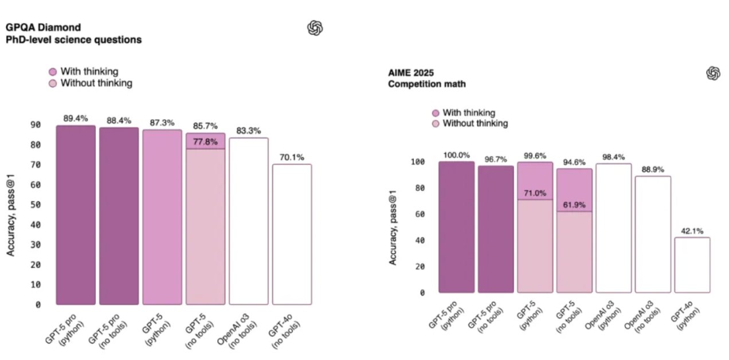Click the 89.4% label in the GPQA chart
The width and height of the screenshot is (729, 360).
click(x=76, y=119)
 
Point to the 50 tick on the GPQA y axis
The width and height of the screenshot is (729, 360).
click(x=35, y=205)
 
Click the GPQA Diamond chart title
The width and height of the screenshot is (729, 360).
click(x=42, y=27)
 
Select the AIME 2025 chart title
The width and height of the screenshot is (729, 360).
click(x=411, y=73)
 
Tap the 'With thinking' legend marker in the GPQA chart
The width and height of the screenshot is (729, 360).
click(x=53, y=72)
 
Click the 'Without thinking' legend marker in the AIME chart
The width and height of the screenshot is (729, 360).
click(x=436, y=123)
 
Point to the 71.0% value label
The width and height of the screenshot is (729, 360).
click(x=535, y=193)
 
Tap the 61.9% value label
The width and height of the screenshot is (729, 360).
click(x=574, y=205)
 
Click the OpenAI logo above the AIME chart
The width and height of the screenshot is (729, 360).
click(x=713, y=73)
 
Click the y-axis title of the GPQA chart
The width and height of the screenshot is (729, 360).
click(x=11, y=214)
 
